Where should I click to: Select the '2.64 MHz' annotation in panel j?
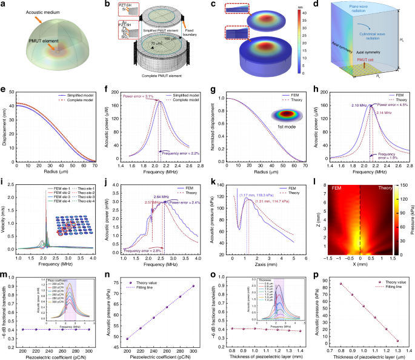161,196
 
